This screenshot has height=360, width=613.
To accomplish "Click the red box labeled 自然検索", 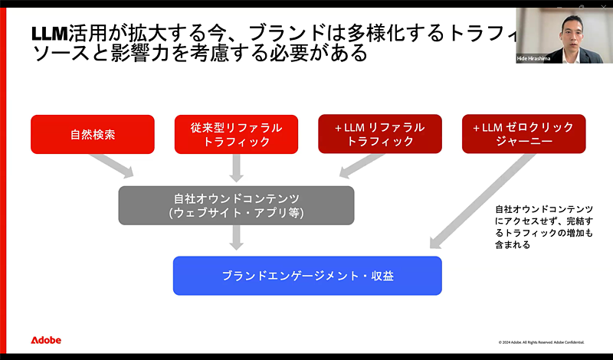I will pos(93,134).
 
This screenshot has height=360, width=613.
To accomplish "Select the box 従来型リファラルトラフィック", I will pos(236,134).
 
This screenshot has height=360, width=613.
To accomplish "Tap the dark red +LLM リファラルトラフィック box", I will pos(380,134).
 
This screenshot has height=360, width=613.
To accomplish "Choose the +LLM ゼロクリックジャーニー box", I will pos(523,134).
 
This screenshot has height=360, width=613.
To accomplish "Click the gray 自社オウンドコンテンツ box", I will pos(236,205).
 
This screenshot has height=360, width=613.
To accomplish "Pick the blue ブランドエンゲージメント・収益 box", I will pos(307,276).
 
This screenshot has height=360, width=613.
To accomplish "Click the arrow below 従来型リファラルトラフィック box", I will pos(236,169).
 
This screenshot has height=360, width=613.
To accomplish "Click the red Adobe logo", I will pos(46,340).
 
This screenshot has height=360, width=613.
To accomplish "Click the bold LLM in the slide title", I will pos(50,34).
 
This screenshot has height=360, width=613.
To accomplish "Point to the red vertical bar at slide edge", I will pos(3,180).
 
